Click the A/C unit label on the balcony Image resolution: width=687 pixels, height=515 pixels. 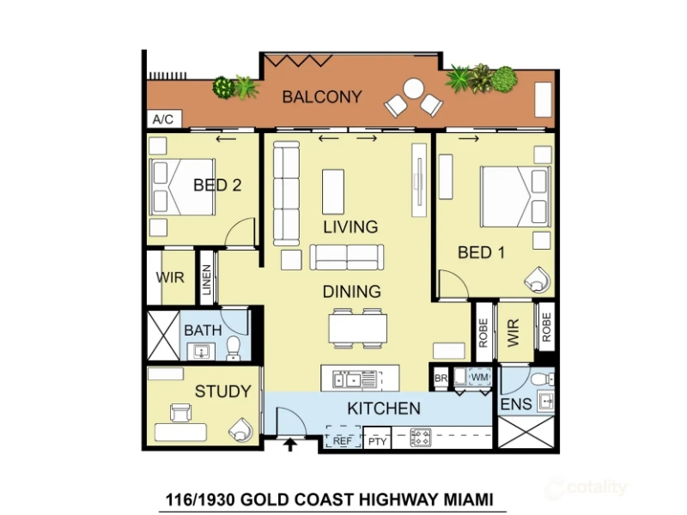click(163, 119)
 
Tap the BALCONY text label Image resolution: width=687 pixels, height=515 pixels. click(322, 97)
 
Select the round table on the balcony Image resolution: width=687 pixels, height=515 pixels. click(413, 89)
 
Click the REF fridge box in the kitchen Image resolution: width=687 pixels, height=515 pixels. click(343, 437)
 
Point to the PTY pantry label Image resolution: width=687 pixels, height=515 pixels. click(377, 441)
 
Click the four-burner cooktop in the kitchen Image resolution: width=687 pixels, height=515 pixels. click(421, 437)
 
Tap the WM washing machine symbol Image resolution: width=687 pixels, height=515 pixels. click(480, 377)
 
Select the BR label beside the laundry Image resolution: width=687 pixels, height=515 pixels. click(441, 378)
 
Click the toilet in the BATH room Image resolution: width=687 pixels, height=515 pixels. click(233, 348)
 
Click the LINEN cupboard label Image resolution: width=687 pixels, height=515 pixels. click(207, 280)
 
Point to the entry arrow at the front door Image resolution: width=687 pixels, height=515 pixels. click(290, 445)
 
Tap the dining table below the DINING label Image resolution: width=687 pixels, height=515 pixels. click(358, 329)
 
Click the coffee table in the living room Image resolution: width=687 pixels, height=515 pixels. click(333, 191)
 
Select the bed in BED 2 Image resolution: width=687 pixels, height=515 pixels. click(182, 187)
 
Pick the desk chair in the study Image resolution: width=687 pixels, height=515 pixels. click(180, 413)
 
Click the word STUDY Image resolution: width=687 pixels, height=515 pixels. click(223, 391)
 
